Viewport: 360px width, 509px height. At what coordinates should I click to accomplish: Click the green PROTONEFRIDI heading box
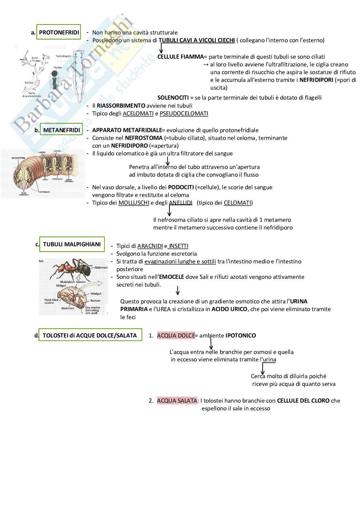tap(59, 33)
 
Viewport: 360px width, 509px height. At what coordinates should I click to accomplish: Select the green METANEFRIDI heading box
tap(61, 130)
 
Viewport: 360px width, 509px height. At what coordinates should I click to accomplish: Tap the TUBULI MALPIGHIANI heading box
tap(72, 244)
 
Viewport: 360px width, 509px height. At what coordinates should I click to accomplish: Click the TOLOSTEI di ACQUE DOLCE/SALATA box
tap(90, 336)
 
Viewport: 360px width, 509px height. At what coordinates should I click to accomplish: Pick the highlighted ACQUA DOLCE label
tap(176, 336)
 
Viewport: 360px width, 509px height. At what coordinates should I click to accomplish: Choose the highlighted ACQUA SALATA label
tap(177, 401)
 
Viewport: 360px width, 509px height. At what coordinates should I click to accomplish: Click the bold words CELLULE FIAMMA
tap(180, 57)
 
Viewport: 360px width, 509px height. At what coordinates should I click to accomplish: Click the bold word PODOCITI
tap(181, 187)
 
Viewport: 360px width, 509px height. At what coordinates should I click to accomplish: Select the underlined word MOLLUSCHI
tap(134, 203)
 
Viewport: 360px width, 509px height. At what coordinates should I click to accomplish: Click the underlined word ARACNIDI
tap(150, 246)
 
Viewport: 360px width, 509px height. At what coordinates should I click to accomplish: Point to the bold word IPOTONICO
tap(240, 336)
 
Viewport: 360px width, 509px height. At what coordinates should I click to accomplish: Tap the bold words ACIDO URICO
tap(229, 309)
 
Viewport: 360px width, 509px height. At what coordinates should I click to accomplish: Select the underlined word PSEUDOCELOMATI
tap(184, 113)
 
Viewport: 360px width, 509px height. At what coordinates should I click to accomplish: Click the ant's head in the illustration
tap(62, 267)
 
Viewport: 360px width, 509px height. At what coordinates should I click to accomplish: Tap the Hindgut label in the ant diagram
tap(96, 294)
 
